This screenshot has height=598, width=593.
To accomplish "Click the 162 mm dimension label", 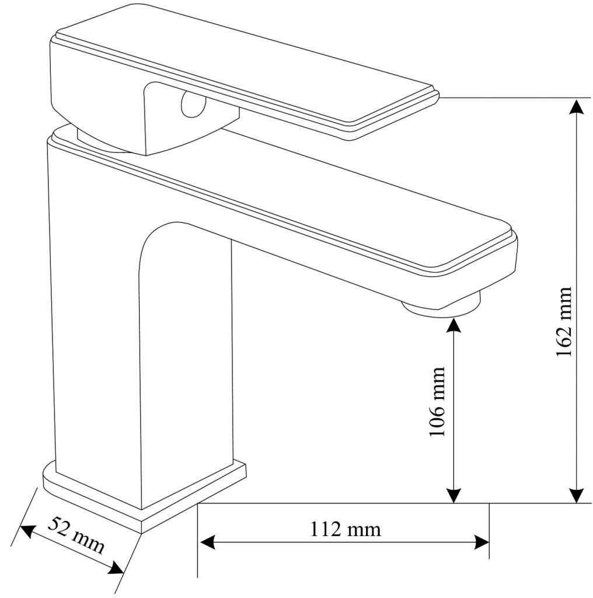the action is pyautogui.click(x=564, y=322).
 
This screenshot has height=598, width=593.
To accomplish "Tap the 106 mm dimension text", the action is pyautogui.click(x=437, y=402).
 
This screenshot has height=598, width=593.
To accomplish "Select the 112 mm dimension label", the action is pyautogui.click(x=346, y=529).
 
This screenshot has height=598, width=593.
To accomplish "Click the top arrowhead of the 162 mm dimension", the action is pyautogui.click(x=577, y=106).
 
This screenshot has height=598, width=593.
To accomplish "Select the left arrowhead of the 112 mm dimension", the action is pyautogui.click(x=208, y=542).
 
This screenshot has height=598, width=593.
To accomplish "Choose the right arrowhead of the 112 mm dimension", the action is pyautogui.click(x=481, y=542).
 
